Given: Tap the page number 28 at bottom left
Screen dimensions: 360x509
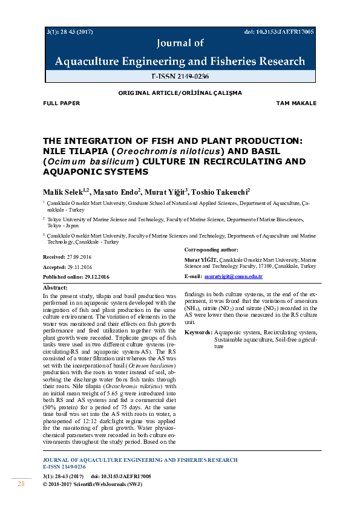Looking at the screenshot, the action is pyautogui.click(x=21, y=484).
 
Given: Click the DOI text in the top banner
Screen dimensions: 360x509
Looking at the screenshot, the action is pyautogui.click(x=279, y=31).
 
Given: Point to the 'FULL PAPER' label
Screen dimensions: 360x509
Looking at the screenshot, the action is pyautogui.click(x=61, y=103).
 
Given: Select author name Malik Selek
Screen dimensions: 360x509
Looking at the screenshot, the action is pyautogui.click(x=65, y=192).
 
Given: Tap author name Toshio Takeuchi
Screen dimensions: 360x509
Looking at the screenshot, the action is pyautogui.click(x=218, y=192).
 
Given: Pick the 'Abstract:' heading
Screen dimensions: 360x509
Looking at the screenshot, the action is pyautogui.click(x=56, y=288).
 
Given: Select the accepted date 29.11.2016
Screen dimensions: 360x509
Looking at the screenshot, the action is pyautogui.click(x=79, y=267).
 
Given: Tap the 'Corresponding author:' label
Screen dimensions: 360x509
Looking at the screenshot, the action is pyautogui.click(x=211, y=249).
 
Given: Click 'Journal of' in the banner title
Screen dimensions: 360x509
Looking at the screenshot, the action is pyautogui.click(x=180, y=44).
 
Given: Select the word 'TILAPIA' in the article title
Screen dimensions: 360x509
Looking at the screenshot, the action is pyautogui.click(x=82, y=151).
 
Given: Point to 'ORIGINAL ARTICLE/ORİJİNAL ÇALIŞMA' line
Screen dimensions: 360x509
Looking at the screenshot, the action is pyautogui.click(x=180, y=93).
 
